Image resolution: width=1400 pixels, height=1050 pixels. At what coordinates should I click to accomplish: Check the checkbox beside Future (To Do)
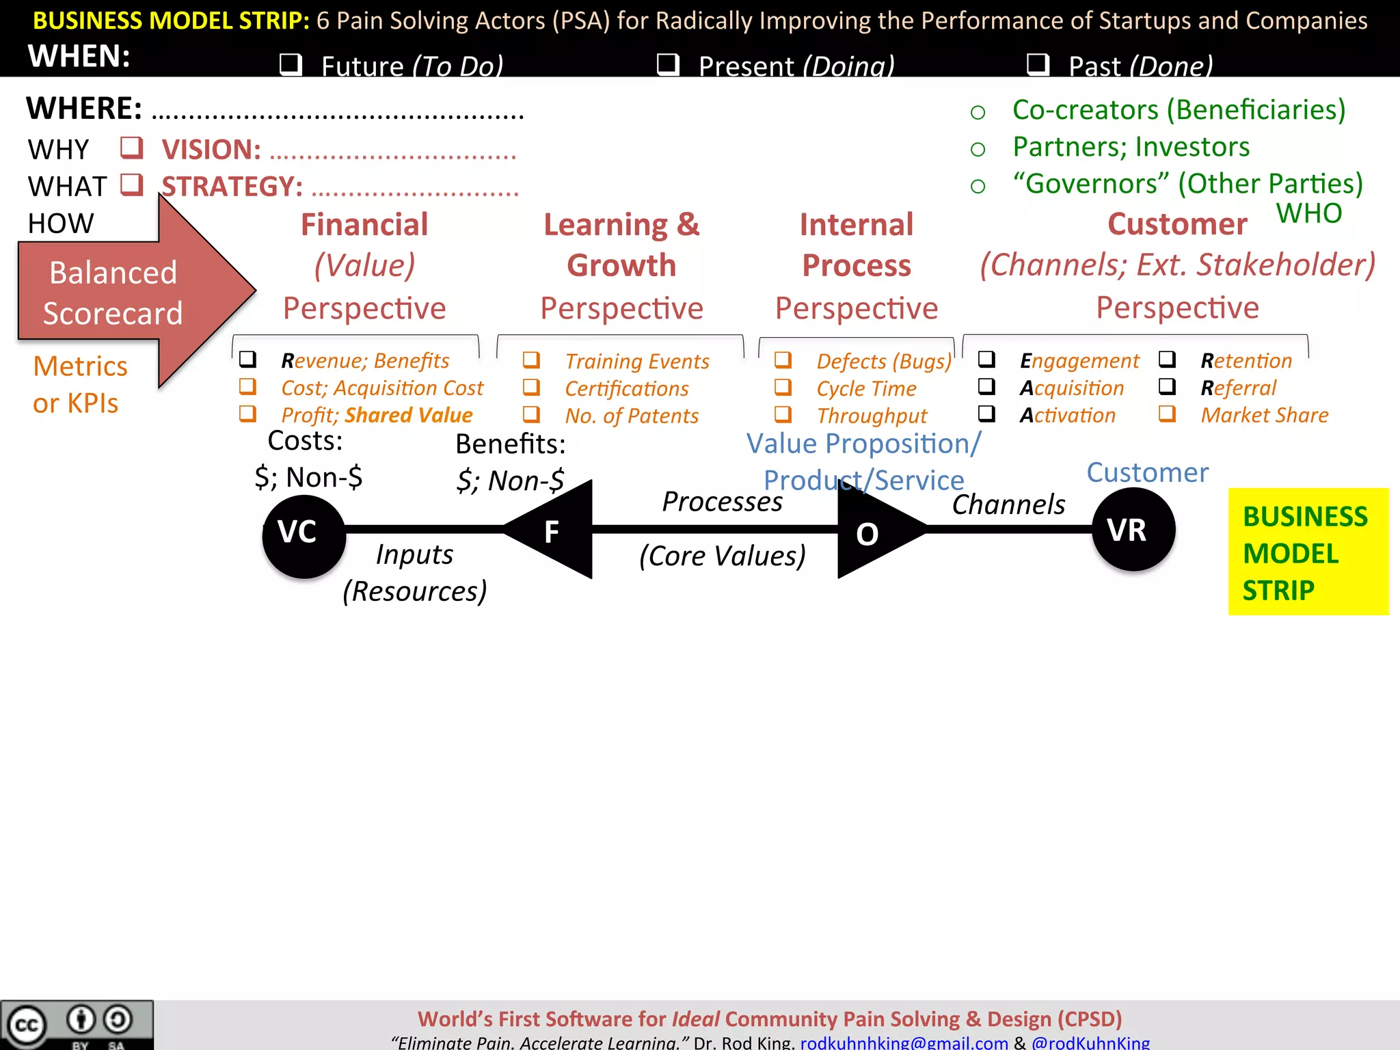point(291,64)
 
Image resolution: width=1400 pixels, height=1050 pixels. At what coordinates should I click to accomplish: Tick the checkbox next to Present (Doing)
point(667,64)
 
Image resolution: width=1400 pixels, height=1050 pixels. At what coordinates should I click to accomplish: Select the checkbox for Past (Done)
point(1038,64)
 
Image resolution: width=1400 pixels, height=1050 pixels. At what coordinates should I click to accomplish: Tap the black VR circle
point(1133,530)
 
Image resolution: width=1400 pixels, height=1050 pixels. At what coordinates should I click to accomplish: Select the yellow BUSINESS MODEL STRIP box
point(1308,552)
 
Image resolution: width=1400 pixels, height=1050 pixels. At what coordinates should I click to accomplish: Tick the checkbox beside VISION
point(132,147)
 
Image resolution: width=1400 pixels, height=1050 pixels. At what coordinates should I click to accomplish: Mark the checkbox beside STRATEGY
point(132,184)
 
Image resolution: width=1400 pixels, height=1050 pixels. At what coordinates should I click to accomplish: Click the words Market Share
point(1265,415)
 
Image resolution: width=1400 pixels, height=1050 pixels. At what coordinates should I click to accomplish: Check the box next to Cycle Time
point(783,388)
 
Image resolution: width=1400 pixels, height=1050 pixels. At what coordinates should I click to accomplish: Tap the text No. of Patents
point(632,416)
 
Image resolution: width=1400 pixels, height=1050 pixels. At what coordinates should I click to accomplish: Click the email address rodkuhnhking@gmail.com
point(904,1042)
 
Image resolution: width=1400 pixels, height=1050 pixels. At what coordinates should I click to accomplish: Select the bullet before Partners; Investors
point(978,149)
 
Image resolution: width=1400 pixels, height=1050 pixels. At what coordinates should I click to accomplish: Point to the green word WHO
point(1309,213)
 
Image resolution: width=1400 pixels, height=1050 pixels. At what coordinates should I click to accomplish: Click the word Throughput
point(872,416)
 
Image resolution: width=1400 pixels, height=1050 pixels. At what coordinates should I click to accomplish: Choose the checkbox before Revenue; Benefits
point(247,359)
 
